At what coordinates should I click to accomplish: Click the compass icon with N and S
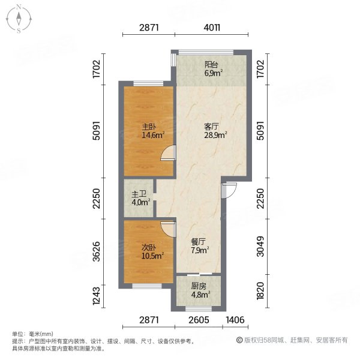pos(19,18)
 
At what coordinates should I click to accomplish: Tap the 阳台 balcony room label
pos(211,64)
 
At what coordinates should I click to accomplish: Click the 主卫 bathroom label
pos(138,194)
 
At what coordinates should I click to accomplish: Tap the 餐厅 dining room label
pos(199,242)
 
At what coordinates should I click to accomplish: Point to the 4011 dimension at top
pos(212,28)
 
